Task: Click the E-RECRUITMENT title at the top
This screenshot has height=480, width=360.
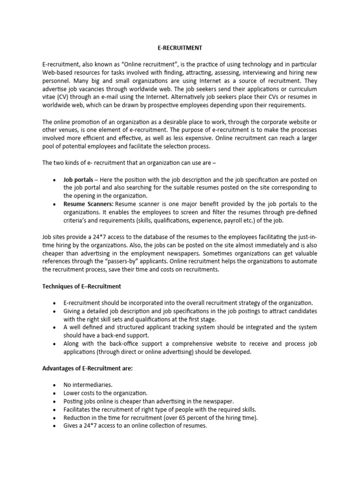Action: tap(180, 47)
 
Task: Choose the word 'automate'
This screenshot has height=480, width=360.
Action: tap(302, 262)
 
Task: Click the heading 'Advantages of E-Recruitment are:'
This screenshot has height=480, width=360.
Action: tap(88, 368)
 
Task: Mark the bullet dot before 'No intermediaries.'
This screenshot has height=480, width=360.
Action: tap(54, 385)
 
